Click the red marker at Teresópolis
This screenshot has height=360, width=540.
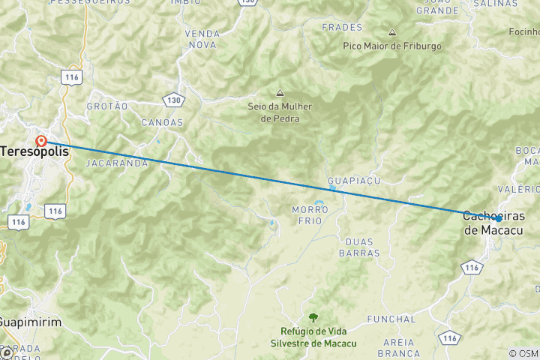pyautogui.click(x=41, y=140)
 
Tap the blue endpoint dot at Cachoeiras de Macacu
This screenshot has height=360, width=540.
pyautogui.click(x=497, y=218)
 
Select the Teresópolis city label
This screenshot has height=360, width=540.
pyautogui.click(x=34, y=151)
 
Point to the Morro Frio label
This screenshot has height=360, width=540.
pyautogui.click(x=307, y=214)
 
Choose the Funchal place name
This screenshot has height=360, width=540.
pyautogui.click(x=391, y=319)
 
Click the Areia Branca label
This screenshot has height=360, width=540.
pyautogui.click(x=398, y=347)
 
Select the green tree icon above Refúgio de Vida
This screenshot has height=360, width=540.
pyautogui.click(x=313, y=317)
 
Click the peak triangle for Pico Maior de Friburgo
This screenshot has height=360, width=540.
pyautogui.click(x=392, y=33)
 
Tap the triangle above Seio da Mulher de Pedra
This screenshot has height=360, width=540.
pyautogui.click(x=280, y=93)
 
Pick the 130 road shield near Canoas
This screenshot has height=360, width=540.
pyautogui.click(x=173, y=99)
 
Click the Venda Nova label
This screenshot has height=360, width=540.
pyautogui.click(x=202, y=39)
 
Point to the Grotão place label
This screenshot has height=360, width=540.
pyautogui.click(x=107, y=106)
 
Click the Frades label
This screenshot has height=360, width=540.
pyautogui.click(x=342, y=28)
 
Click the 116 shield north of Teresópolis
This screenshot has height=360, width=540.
pyautogui.click(x=72, y=78)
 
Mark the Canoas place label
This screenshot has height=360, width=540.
pyautogui.click(x=161, y=122)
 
